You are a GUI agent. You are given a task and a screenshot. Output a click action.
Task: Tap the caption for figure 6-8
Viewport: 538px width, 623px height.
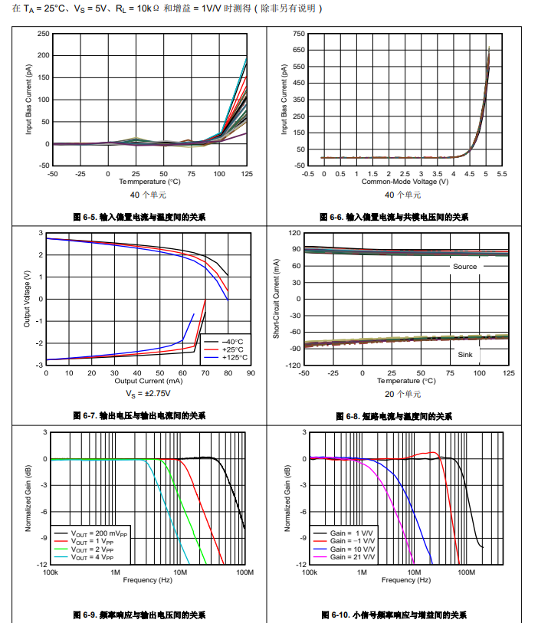coord(400,416)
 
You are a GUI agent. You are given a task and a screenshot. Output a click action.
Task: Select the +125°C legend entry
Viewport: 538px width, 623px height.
coord(227,357)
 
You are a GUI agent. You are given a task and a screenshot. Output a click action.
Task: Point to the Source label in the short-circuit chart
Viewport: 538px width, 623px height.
coord(464,267)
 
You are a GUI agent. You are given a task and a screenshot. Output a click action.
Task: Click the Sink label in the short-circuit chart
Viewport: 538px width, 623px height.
coord(465,355)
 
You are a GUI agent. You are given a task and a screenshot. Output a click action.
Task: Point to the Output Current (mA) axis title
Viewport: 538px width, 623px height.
coord(149,381)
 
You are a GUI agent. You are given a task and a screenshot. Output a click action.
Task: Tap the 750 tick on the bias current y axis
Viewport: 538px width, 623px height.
coord(299,34)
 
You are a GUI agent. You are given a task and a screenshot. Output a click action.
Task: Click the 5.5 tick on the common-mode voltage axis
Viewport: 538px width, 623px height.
coord(501,174)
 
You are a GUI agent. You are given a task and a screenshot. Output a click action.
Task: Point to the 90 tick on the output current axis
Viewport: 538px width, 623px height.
coord(251,373)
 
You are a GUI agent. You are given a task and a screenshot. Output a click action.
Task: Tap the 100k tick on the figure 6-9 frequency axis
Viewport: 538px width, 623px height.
coord(51,572)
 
